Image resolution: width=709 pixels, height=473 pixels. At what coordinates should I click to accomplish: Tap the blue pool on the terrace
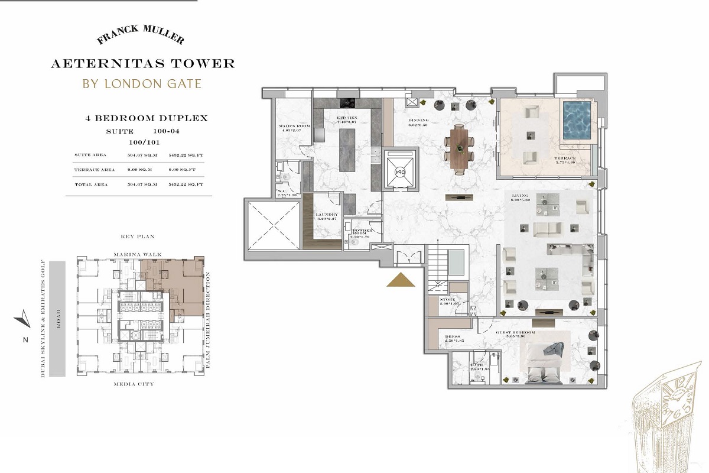point(576,121)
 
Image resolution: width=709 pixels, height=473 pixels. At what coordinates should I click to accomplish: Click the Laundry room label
point(327,217)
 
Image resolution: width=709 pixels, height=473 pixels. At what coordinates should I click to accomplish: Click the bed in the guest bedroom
point(544,359)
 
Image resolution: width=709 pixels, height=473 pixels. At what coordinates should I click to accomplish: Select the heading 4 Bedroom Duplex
point(147,118)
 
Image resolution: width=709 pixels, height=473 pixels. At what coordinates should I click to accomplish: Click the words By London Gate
point(141,83)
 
